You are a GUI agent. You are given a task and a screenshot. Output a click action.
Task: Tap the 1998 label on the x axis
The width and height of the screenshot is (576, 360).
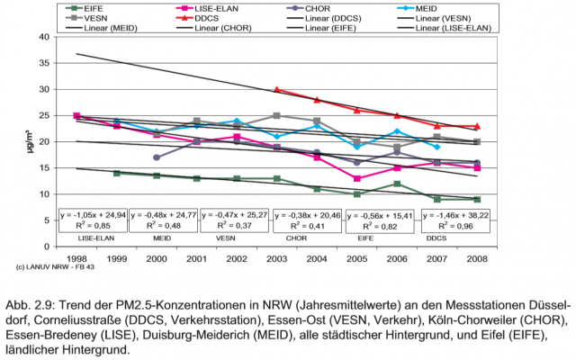pos(76,258)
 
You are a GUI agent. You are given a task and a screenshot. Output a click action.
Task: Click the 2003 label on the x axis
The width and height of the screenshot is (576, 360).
pos(276,258)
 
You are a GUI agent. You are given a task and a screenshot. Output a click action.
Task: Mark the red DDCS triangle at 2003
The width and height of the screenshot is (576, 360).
pos(276,90)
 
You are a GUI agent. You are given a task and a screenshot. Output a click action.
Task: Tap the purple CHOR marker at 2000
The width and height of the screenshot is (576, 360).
pos(157,157)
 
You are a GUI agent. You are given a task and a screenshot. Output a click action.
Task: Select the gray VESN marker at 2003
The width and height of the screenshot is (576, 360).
pos(276,115)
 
